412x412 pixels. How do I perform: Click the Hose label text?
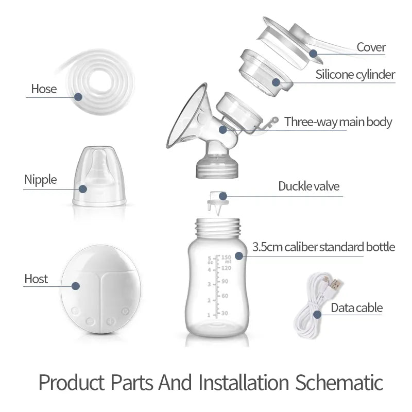(x=44, y=89)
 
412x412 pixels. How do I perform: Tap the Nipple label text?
(x=41, y=180)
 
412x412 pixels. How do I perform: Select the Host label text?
(x=36, y=279)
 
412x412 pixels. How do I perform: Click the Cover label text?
(x=371, y=47)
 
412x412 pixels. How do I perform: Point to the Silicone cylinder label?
(x=355, y=75)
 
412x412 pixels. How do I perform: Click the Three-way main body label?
(x=338, y=122)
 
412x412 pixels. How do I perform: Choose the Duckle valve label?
(x=309, y=186)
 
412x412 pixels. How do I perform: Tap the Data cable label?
(x=356, y=308)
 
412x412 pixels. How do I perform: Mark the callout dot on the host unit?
(x=76, y=286)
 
